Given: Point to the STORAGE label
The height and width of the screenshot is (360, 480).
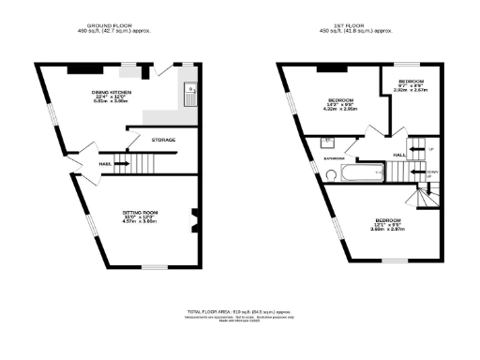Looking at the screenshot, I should click(x=164, y=141).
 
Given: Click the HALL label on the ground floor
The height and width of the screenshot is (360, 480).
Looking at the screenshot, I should click(x=106, y=165).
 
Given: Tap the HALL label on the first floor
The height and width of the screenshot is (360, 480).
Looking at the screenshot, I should click(x=398, y=154).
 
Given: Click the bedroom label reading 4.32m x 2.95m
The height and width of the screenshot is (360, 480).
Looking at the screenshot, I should click(x=340, y=104).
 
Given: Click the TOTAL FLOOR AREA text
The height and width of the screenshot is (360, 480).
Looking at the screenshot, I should click(x=239, y=310).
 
